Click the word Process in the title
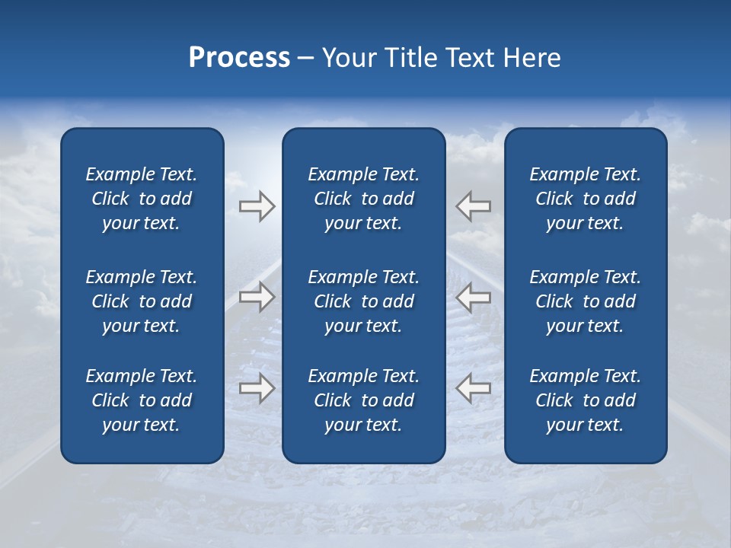tap(239, 58)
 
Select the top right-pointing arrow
tap(257, 206)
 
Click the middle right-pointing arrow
tap(257, 297)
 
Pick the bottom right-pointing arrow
tap(257, 388)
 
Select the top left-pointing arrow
tap(473, 206)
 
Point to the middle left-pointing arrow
tap(473, 297)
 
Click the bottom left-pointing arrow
tap(473, 388)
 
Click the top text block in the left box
tap(142, 199)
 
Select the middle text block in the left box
tap(142, 301)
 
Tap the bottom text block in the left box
tap(142, 400)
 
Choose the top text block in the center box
tap(363, 199)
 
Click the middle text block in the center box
tap(363, 301)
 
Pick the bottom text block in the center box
tap(363, 400)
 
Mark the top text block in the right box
tap(585, 199)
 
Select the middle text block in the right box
tap(585, 301)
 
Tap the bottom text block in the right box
tap(585, 400)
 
